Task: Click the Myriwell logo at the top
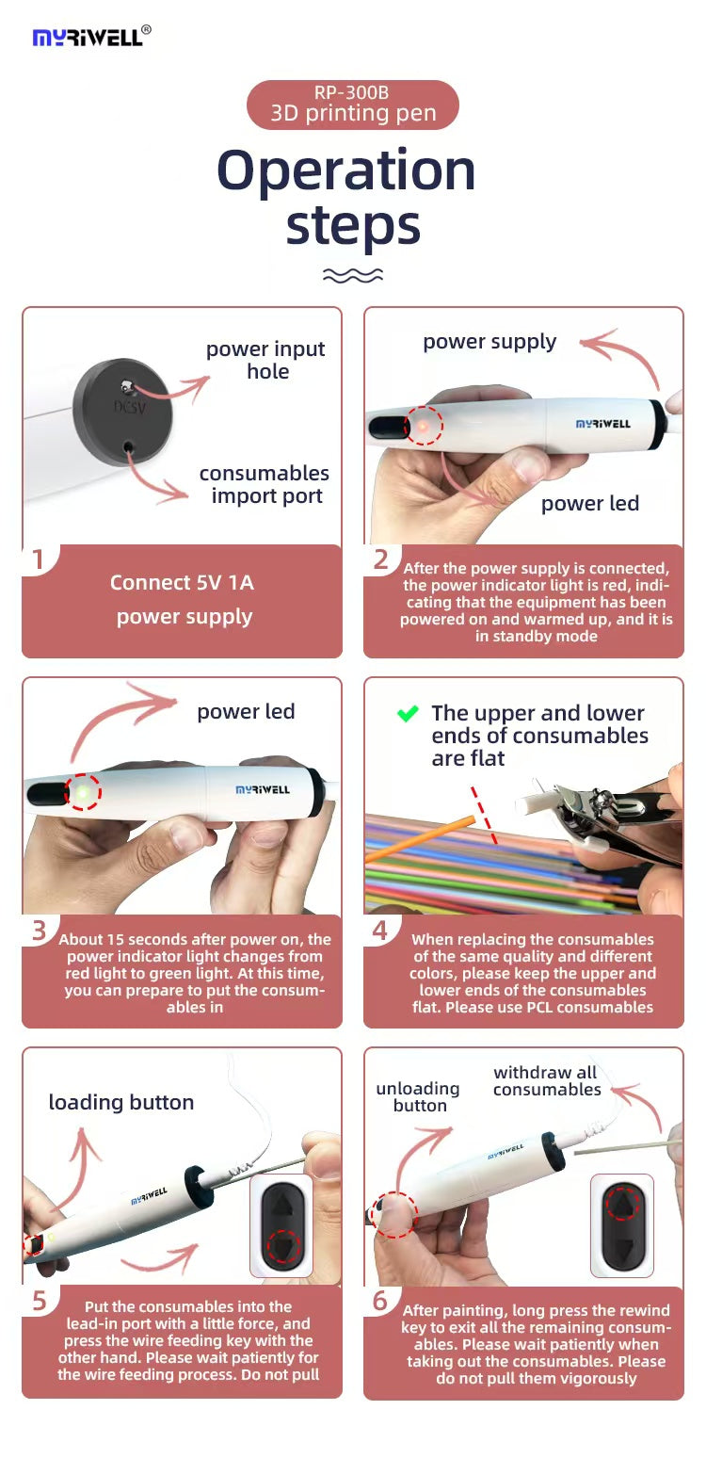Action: coord(90,37)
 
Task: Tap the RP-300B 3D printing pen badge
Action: coord(352,105)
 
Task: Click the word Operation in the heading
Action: coord(346,170)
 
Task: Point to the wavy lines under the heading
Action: coord(352,275)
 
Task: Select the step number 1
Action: coord(38,560)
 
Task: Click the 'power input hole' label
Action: coord(265,360)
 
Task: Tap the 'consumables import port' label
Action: coord(265,484)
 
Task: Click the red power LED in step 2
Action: coord(424,427)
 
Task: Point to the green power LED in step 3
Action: coord(83,792)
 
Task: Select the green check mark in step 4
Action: coord(408,714)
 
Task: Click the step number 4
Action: coord(379,931)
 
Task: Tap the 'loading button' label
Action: coord(121,1102)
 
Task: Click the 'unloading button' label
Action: coord(418,1096)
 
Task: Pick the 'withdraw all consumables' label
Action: coord(547,1080)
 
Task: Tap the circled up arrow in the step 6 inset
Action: coord(622,1203)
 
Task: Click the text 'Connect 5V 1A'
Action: coord(182,582)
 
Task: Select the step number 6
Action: coord(379,1301)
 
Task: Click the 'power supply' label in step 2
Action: coord(489,341)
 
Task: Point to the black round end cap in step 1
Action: coord(122,412)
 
